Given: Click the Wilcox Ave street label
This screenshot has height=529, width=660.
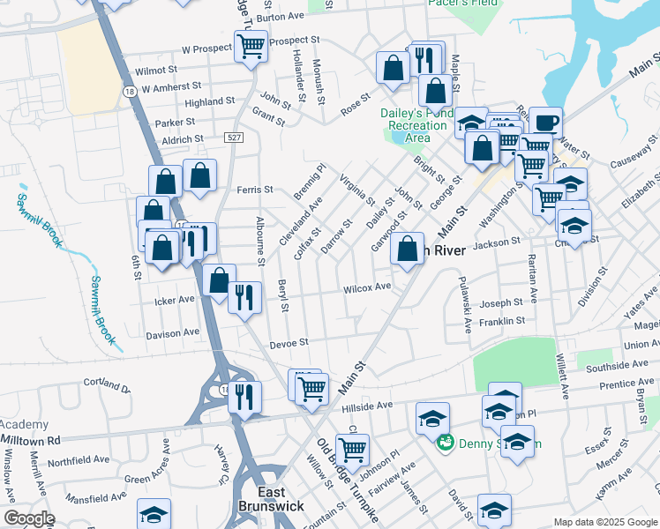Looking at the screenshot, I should pos(367,287).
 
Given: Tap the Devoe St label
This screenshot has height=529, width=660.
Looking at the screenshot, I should pos(288,342).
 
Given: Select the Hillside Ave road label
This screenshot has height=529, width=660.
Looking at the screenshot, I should pos(367,405).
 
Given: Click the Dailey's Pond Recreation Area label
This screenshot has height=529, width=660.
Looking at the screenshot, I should pos(417,125).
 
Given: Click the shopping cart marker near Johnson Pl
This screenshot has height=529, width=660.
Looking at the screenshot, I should pos(352,449).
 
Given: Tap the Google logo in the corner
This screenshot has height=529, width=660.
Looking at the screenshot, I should pos(29,518).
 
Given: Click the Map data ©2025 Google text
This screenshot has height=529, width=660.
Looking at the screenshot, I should pos(604,522).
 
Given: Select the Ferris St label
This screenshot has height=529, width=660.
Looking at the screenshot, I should pos(255,190).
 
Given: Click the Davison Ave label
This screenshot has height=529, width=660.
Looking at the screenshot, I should pos(173,334).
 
